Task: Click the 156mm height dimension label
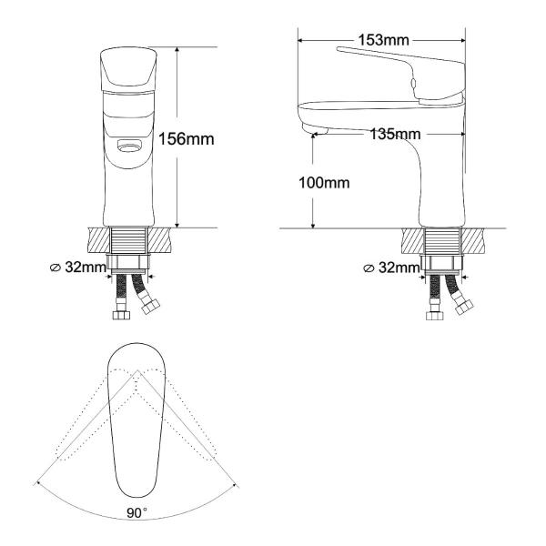click(187, 139)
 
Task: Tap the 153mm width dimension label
click(384, 40)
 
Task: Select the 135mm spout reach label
click(395, 134)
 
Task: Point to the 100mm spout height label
click(324, 183)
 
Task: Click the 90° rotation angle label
click(136, 512)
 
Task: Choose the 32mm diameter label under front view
click(78, 268)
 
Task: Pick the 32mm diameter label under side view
click(391, 268)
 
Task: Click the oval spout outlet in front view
click(129, 146)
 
